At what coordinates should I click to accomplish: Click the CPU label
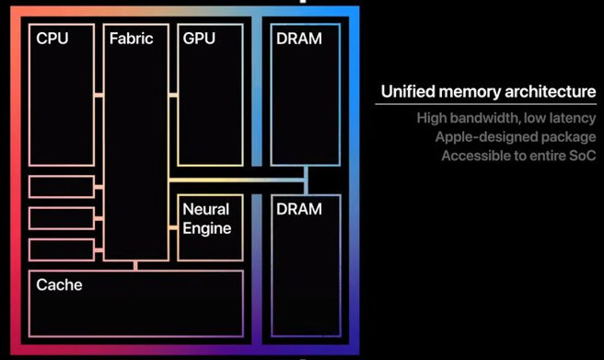(x=52, y=39)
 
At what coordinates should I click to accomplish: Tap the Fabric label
(x=131, y=39)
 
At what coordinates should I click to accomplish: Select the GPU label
(x=200, y=39)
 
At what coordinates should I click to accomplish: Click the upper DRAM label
(x=298, y=39)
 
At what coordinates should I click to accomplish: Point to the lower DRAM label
(x=298, y=209)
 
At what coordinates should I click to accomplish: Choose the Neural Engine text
(x=206, y=218)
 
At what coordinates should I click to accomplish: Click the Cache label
(x=59, y=285)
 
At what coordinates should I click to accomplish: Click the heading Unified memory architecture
(x=488, y=92)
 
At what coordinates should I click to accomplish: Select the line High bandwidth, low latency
(x=505, y=118)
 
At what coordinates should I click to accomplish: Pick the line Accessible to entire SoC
(x=518, y=157)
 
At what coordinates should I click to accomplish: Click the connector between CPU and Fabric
(x=99, y=95)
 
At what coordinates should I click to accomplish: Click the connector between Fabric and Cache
(x=136, y=265)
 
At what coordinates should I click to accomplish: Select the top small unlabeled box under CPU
(x=62, y=186)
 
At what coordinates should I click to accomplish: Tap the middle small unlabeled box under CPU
(x=62, y=218)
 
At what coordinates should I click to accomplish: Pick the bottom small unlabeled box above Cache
(x=62, y=250)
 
